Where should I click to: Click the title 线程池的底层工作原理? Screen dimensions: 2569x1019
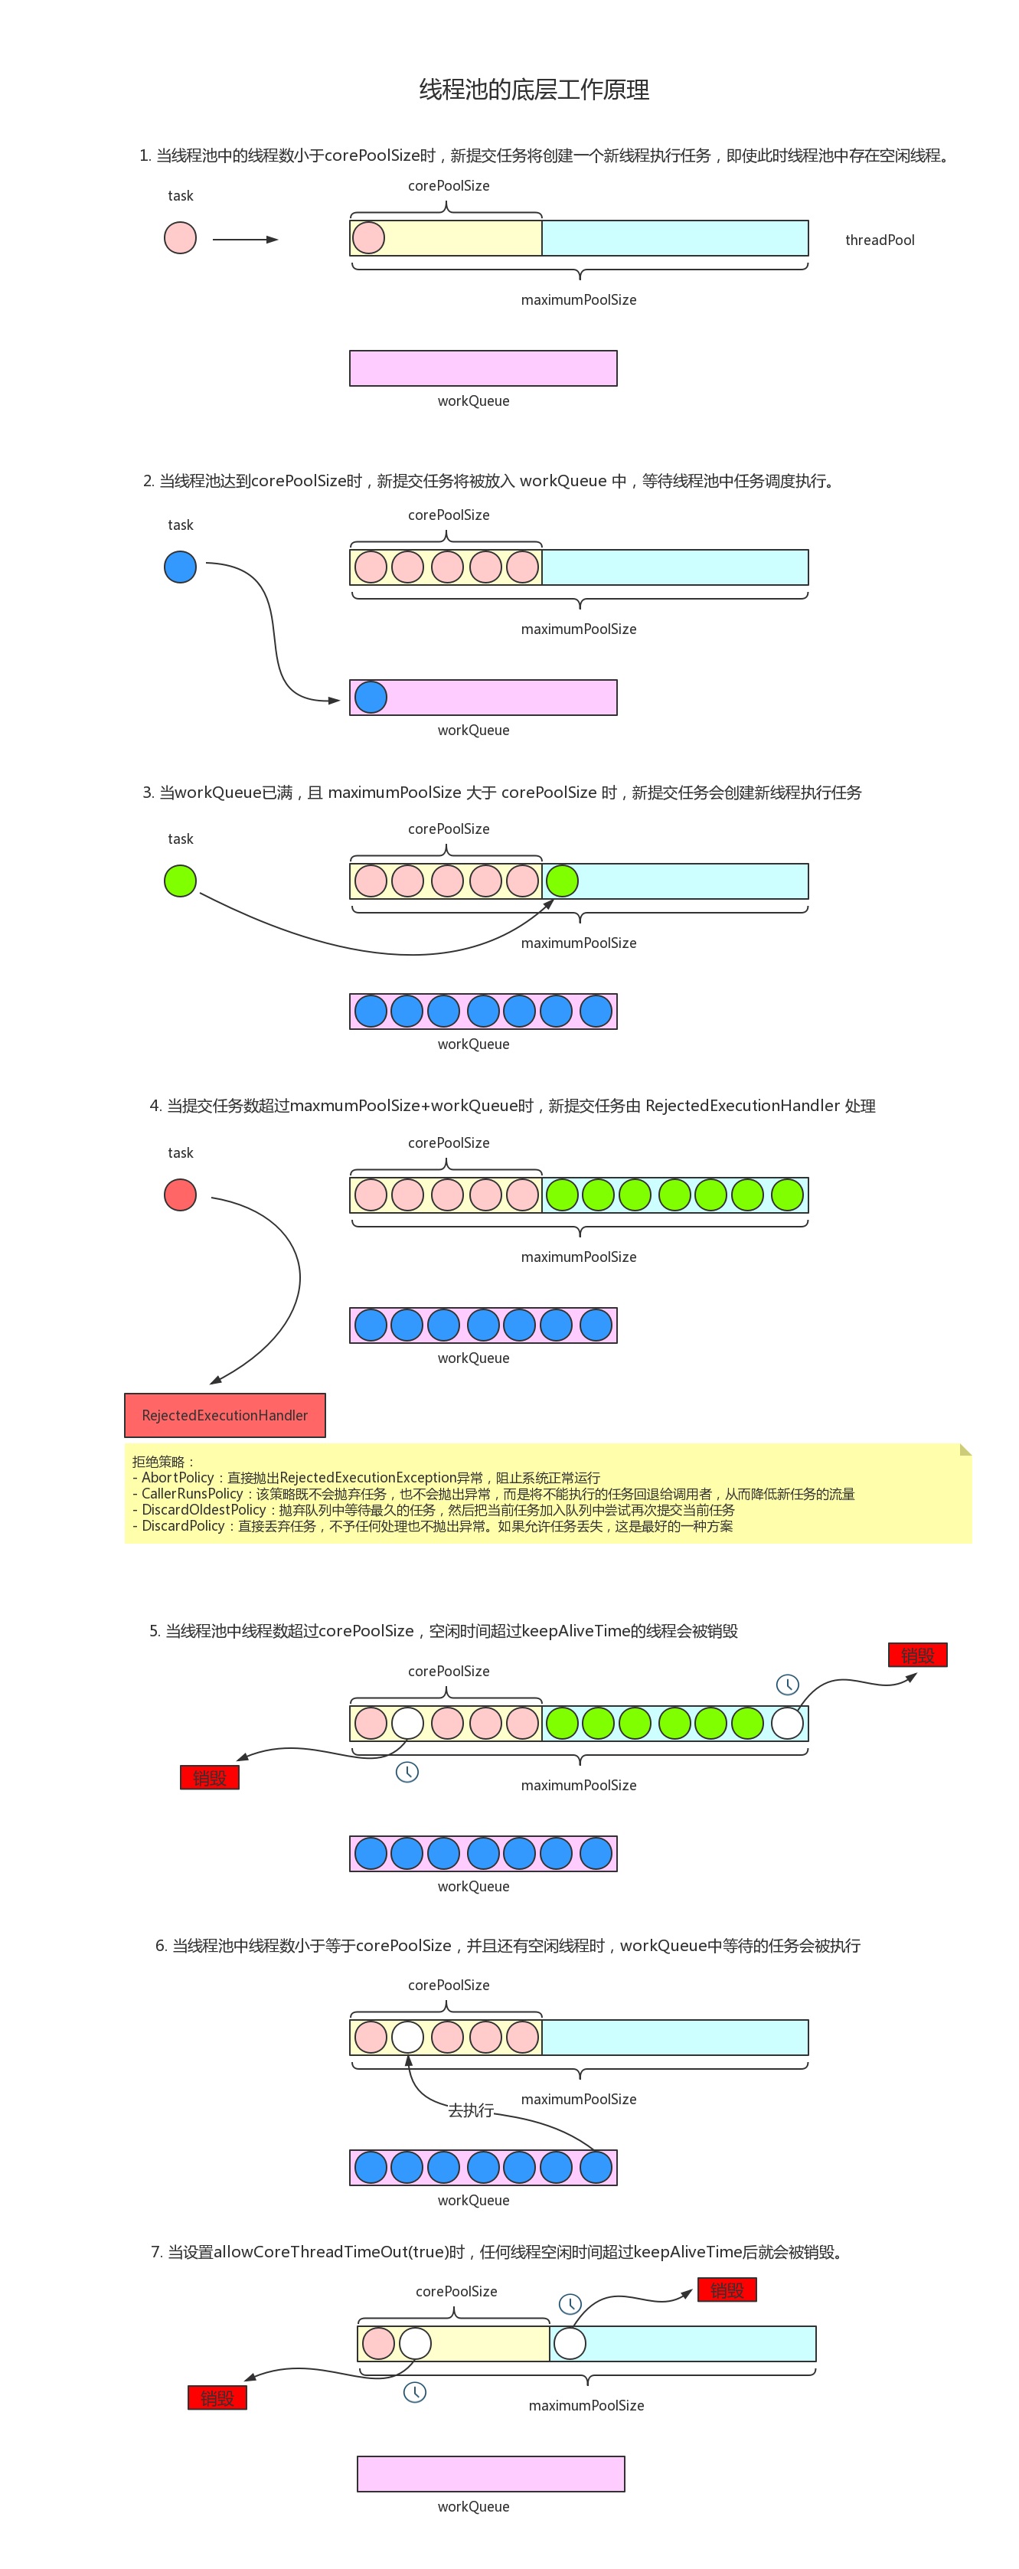coord(534,90)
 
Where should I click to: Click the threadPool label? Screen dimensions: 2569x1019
coord(880,240)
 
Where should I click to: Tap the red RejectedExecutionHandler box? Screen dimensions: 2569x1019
coord(224,1415)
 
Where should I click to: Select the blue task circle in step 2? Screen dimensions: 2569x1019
coord(181,567)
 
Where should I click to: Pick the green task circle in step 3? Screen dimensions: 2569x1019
coord(181,881)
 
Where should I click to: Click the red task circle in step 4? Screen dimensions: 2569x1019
coord(181,1195)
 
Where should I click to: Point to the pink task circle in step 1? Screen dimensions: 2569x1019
coord(181,238)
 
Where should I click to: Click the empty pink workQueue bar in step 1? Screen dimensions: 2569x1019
coord(482,368)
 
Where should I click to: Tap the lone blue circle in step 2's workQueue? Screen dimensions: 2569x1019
coord(371,697)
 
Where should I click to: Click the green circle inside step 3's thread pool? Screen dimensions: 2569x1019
coord(563,881)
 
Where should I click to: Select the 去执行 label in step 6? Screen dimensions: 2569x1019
coord(471,2110)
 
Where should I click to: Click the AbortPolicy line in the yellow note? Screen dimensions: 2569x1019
coord(366,1477)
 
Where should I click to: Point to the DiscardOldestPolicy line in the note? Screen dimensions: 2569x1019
coord(434,1510)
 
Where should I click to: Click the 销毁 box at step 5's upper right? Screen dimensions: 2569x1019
coord(917,1655)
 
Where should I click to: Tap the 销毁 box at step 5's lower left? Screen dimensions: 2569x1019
coord(209,1777)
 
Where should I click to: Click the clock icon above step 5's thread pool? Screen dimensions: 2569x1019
coord(788,1685)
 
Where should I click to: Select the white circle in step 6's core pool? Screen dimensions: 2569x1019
coord(408,2038)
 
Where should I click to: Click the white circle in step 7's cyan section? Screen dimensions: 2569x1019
coord(570,2344)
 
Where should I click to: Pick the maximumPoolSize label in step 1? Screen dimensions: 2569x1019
coord(578,300)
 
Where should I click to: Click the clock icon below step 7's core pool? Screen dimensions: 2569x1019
coord(415,2392)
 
